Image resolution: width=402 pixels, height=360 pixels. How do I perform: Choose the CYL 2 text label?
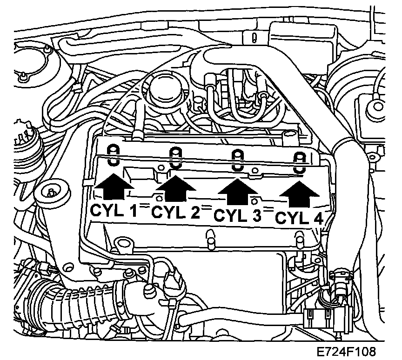pyautogui.click(x=176, y=213)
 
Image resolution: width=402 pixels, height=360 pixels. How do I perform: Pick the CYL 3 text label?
pyautogui.click(x=237, y=216)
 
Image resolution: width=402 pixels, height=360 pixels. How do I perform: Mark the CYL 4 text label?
pyautogui.click(x=298, y=218)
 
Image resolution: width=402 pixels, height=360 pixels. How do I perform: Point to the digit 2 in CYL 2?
pyautogui.click(x=194, y=213)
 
